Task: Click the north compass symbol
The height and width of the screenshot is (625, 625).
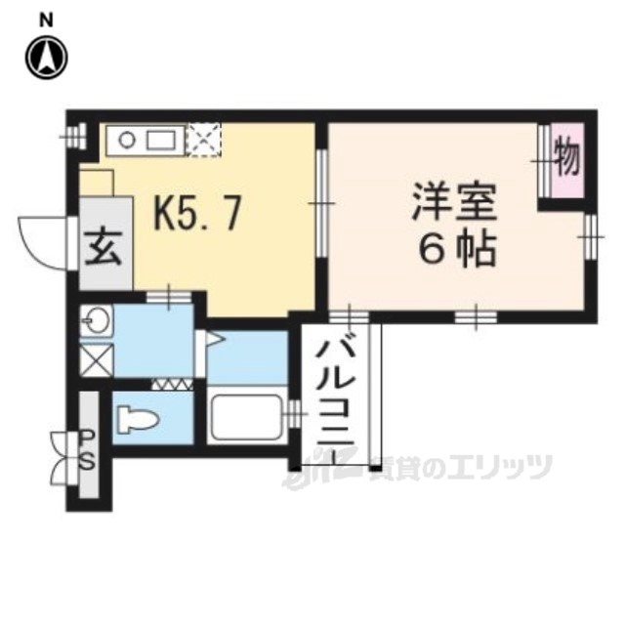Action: pyautogui.click(x=46, y=57)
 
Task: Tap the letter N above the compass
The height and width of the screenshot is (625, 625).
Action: pyautogui.click(x=46, y=19)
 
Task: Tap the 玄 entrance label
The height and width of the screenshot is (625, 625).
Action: pyautogui.click(x=104, y=247)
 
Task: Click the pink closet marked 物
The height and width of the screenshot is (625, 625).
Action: pyautogui.click(x=565, y=157)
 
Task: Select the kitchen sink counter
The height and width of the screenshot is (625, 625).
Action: pyautogui.click(x=146, y=139)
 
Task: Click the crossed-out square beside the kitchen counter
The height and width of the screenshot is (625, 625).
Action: pyautogui.click(x=204, y=138)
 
